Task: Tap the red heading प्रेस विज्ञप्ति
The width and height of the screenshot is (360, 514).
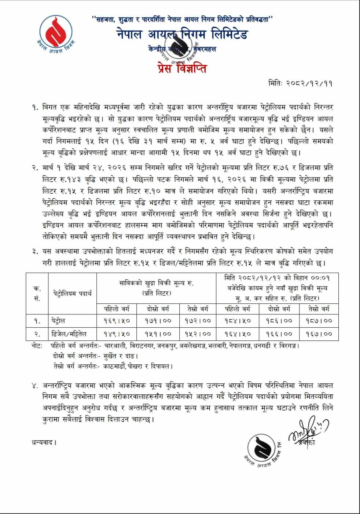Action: click(180, 68)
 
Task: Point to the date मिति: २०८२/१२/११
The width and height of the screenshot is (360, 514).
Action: click(300, 83)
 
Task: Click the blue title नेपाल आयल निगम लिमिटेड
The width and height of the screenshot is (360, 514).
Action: click(182, 34)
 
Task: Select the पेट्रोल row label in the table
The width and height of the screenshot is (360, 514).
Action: click(59, 321)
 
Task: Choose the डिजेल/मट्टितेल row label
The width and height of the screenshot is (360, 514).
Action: click(69, 333)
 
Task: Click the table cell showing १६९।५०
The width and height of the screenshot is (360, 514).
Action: click(117, 321)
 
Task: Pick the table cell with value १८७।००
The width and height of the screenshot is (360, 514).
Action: click(319, 321)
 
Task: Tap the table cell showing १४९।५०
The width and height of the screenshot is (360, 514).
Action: click(117, 333)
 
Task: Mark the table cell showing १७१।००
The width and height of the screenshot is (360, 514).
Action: click(158, 321)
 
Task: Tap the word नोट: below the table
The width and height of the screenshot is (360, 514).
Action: click(37, 346)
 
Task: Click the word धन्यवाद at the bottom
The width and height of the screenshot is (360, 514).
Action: click(44, 442)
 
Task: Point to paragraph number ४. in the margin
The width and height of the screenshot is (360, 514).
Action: click(35, 385)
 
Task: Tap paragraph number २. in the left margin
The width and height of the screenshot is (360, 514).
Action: click(35, 168)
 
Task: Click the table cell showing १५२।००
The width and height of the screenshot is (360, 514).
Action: click(198, 333)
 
